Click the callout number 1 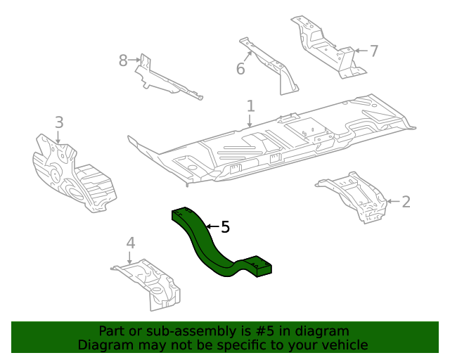tap(250, 106)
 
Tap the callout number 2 tap(406, 202)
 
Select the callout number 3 tap(59, 122)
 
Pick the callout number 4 tap(130, 243)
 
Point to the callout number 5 tap(225, 227)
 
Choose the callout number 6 tap(240, 68)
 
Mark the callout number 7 tap(374, 51)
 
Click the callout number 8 tap(123, 60)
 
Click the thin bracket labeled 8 tap(165, 79)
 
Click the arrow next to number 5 tap(211, 227)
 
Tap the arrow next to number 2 tap(394, 202)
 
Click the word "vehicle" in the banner tap(342, 345)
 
